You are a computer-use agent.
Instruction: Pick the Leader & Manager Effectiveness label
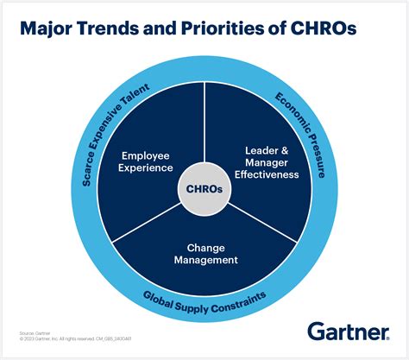266,161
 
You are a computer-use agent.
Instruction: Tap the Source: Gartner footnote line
33,332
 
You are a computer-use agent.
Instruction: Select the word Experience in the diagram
144,168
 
